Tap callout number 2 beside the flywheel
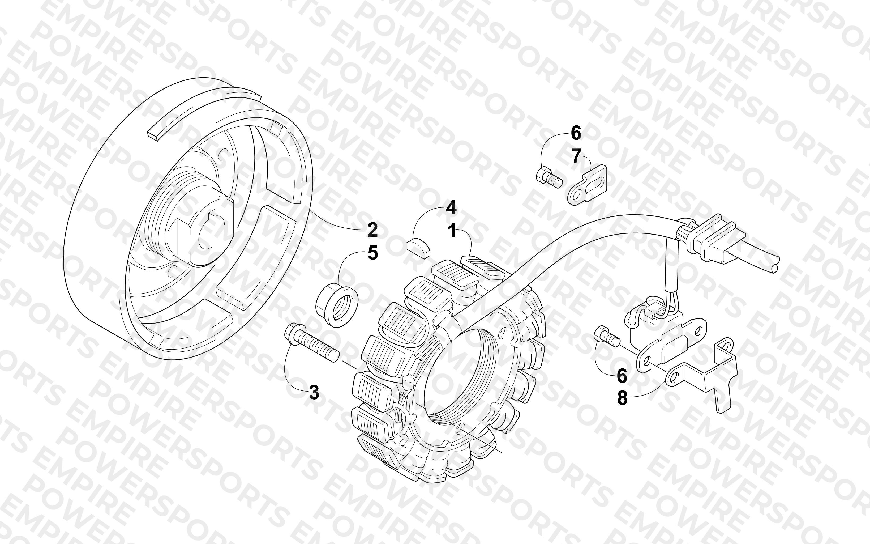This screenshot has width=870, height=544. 372,230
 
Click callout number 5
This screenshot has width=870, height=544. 373,253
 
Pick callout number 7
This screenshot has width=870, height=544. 576,156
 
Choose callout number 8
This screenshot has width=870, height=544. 622,398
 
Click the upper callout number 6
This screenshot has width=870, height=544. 576,134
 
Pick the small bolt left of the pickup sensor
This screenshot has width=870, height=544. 606,336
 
